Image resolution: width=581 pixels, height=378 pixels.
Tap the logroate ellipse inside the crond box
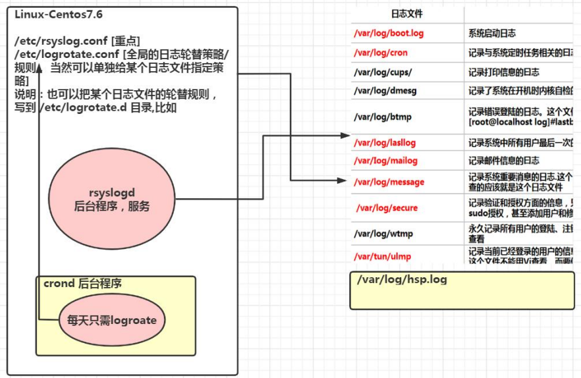coord(112,321)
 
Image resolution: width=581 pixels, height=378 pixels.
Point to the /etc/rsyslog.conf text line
coord(78,41)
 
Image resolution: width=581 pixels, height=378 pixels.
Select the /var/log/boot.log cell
coord(388,33)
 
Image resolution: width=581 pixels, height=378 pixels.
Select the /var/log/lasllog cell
coord(385,142)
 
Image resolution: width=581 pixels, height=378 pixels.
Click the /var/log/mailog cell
coord(385,161)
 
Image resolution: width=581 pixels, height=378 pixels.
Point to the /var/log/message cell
coord(389,182)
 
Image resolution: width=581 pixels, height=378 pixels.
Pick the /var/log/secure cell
coord(387,208)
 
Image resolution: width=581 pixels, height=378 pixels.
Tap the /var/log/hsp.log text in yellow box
coord(402,280)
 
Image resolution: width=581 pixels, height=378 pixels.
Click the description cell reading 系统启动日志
coord(492,33)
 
